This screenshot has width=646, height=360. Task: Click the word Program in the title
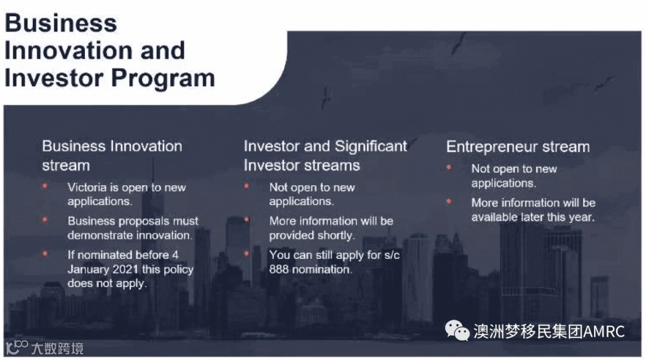click(163, 79)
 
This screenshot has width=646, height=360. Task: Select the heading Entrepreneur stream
click(518, 147)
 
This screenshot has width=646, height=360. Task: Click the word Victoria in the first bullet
click(87, 187)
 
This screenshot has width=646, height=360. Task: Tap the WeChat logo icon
click(457, 331)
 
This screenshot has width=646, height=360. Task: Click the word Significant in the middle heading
click(371, 147)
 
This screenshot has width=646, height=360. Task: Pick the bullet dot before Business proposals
click(45, 219)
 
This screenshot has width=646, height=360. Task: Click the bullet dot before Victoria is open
click(45, 186)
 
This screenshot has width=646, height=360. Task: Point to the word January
click(88, 269)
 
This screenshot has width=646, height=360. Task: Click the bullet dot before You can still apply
click(246, 254)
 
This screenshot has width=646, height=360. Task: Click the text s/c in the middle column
click(391, 255)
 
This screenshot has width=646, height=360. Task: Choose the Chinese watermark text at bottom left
click(57, 349)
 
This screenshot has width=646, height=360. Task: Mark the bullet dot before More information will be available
click(449, 202)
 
